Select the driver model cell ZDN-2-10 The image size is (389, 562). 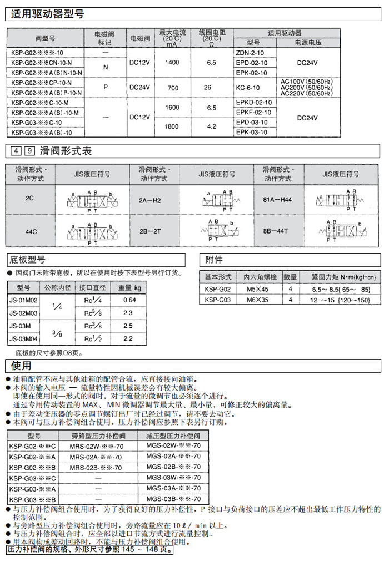[250, 52]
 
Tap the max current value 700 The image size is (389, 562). [172, 88]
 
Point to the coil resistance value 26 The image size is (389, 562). [207, 88]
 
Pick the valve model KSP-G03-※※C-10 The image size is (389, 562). [36, 122]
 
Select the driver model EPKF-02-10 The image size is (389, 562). [254, 112]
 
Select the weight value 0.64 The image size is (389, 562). [129, 300]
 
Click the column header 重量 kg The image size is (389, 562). [129, 288]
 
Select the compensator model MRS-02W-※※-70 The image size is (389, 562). [95, 447]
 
